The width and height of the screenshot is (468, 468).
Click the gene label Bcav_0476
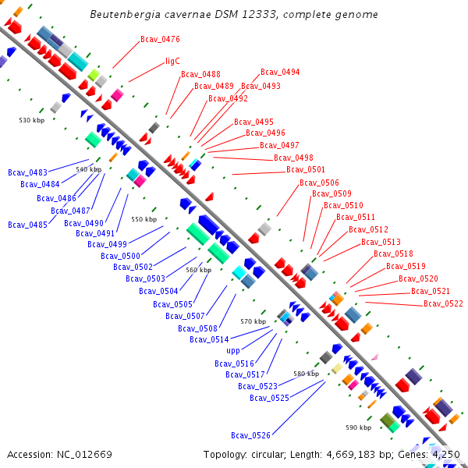[x=160, y=39]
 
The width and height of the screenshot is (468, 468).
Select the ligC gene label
[x=172, y=61]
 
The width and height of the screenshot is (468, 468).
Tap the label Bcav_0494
[x=280, y=73]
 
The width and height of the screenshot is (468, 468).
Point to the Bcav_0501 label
[x=306, y=169]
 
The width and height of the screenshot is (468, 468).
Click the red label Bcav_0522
[x=443, y=303]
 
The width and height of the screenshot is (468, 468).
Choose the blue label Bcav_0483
[x=27, y=172]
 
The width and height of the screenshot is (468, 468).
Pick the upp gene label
[x=233, y=351]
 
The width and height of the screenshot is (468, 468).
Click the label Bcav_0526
[x=250, y=435]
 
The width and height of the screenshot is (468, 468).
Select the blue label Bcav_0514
[x=209, y=339]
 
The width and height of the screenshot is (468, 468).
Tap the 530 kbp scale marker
[x=32, y=120]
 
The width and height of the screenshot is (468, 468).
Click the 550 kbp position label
[x=144, y=220]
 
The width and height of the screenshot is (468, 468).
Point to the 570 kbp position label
[x=253, y=321]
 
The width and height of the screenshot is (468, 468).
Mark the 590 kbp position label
[x=359, y=427]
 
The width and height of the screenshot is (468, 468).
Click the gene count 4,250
[x=445, y=454]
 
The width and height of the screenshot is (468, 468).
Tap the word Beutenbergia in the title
[x=122, y=14]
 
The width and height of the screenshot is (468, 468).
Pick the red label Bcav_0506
[x=319, y=183]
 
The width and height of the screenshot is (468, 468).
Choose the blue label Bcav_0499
[x=108, y=244]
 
